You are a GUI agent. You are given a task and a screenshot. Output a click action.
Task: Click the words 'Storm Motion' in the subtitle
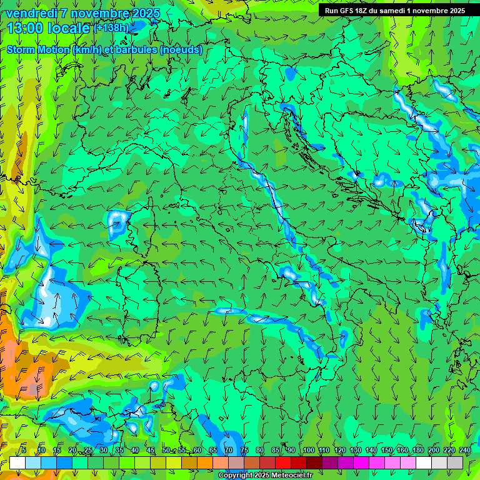37,50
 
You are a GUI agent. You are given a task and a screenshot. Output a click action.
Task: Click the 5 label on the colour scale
24,450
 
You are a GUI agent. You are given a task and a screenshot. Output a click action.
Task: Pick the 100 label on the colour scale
308,450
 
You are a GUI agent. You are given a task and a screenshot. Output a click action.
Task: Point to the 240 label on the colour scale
464,450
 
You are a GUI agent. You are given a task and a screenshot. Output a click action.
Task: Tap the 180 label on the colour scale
417,450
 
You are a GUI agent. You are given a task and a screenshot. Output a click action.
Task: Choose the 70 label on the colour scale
228,450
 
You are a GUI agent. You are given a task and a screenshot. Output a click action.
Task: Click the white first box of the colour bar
17,462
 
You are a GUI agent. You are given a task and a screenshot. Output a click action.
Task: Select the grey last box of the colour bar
455,462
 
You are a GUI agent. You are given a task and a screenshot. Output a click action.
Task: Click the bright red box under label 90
283,462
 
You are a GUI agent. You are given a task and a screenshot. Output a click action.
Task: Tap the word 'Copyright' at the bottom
235,476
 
